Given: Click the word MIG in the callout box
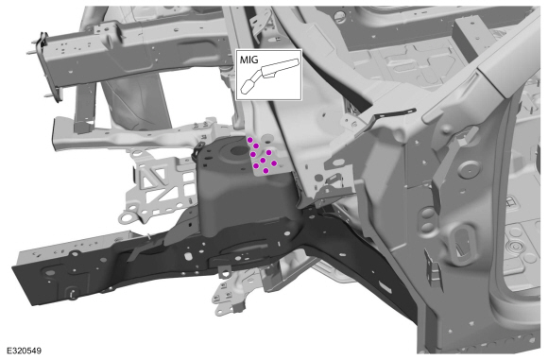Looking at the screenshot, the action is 248,60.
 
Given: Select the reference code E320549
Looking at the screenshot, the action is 24,351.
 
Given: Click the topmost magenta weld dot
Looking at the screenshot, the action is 250,140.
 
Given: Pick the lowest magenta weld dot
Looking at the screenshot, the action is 265,171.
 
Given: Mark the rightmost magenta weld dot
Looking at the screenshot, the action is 274,163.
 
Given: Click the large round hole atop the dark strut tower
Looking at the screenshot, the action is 239,150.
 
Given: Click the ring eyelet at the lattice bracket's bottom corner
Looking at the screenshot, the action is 126,218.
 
